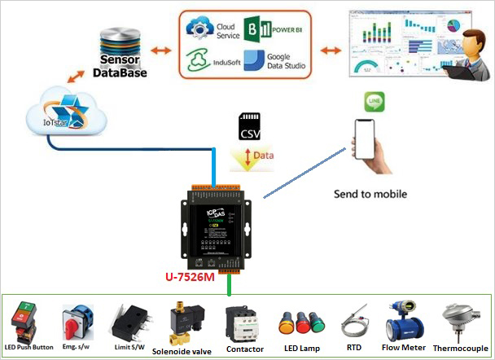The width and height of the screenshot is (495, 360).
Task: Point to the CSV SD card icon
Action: (252, 129)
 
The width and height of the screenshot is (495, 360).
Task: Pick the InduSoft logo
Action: (201, 61)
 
